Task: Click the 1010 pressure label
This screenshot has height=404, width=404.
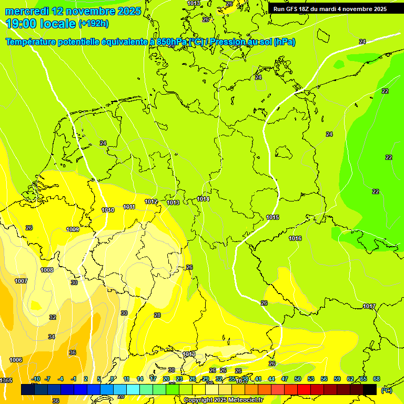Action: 108,210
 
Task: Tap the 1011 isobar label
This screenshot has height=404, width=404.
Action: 129,207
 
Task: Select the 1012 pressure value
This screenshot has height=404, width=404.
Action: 151,201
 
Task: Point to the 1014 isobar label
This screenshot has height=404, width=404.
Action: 203,199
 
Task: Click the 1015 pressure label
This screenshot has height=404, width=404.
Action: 272,217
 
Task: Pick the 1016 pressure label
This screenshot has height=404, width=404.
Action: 295,238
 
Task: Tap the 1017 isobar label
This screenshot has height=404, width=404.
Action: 369,306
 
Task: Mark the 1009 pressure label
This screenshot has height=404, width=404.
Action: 73,229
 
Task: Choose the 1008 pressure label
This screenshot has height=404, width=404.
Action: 47,270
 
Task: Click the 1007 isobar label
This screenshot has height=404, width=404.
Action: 21,281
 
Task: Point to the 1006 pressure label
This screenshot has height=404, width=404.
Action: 16,360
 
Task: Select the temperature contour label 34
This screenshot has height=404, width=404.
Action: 51,336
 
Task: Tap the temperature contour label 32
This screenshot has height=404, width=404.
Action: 53,317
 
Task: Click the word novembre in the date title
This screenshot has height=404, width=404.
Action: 94,11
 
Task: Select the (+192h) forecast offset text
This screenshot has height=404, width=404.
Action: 93,24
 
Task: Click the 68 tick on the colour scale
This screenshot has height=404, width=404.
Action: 376,379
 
